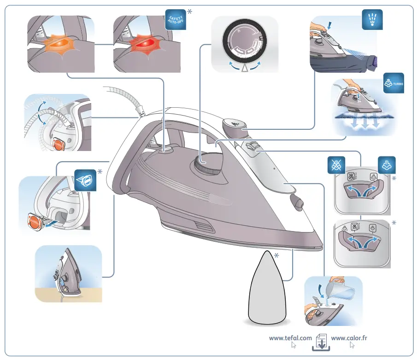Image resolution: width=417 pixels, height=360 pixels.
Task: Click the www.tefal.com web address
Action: tap(290, 338)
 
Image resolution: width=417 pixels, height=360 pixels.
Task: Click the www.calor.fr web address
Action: tap(349, 338)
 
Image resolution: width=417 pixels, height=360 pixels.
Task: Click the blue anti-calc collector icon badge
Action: tap(86, 180)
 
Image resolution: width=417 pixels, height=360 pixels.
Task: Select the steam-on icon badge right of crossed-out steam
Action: tap(386, 165)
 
